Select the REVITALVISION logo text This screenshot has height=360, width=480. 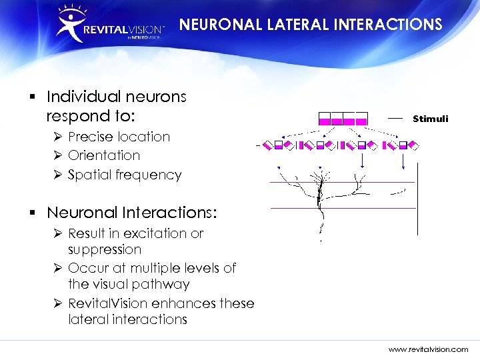[x=123, y=30]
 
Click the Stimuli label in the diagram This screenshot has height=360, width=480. [x=430, y=119]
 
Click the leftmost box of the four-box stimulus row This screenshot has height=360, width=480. [x=325, y=119]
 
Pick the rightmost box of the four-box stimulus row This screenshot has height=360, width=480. [x=361, y=119]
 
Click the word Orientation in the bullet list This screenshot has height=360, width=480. [x=104, y=155]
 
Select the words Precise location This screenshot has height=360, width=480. [x=119, y=137]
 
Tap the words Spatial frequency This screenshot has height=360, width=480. [x=125, y=175]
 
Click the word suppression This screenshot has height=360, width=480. [x=105, y=250]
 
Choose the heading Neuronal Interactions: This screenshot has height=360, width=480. [x=131, y=213]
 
